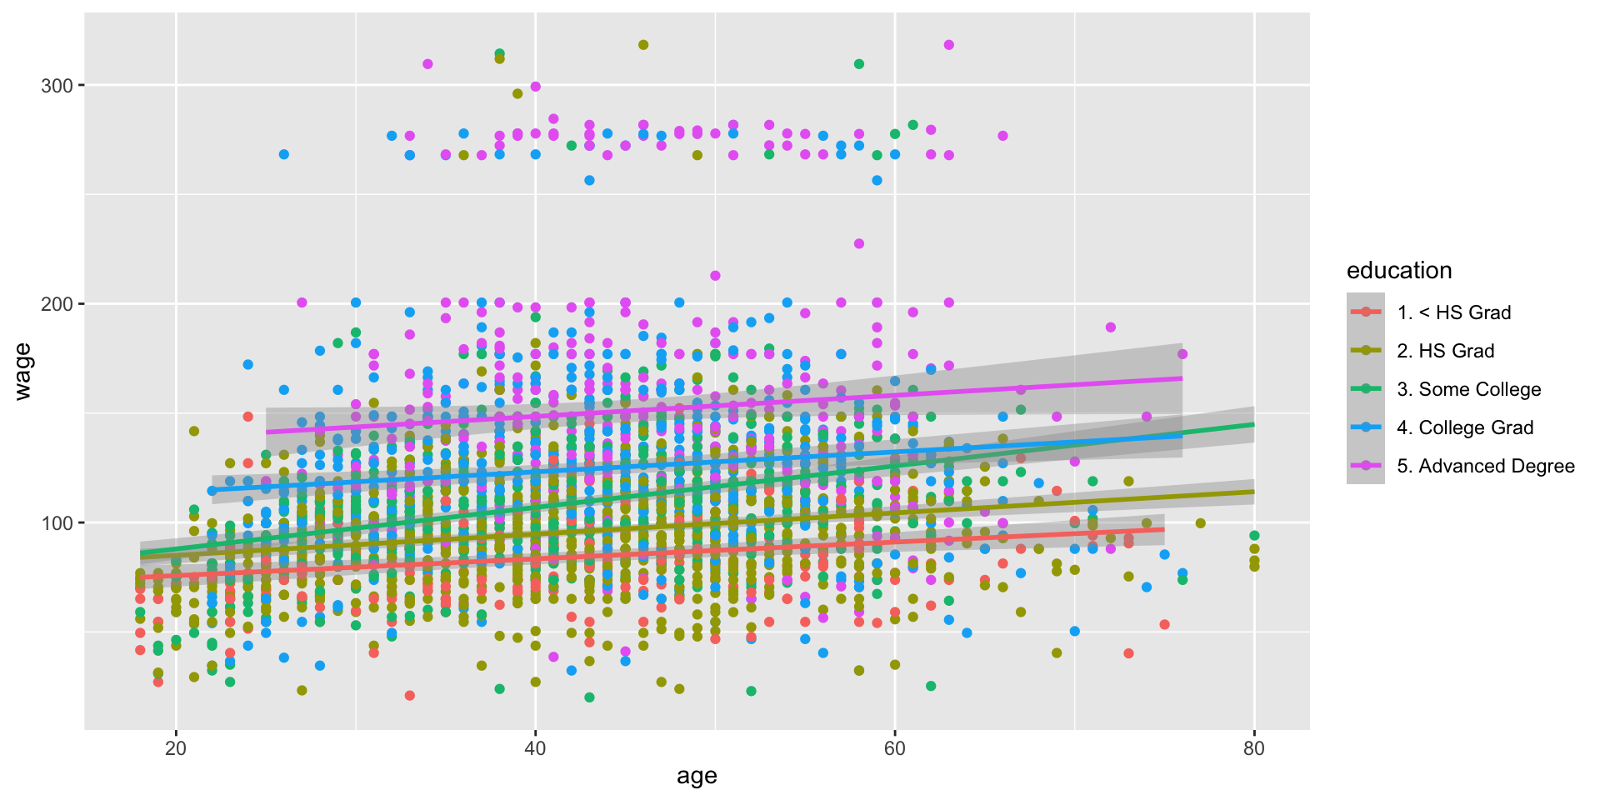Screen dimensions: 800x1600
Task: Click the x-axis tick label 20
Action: click(176, 748)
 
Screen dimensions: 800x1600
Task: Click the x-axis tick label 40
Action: click(535, 748)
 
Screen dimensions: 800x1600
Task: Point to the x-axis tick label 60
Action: click(894, 748)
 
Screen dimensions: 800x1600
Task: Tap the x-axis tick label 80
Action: click(1253, 748)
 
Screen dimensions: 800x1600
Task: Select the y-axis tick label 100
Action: click(57, 523)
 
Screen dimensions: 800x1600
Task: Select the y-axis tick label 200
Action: click(57, 304)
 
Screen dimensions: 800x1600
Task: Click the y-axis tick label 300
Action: click(57, 86)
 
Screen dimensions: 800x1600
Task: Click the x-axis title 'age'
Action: click(697, 777)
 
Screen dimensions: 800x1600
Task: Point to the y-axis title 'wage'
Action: click(23, 372)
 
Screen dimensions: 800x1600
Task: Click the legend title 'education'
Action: click(1399, 271)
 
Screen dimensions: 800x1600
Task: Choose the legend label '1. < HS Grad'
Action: click(1454, 312)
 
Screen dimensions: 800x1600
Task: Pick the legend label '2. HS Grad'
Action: click(1446, 351)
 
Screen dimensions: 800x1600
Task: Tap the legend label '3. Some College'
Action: click(1469, 389)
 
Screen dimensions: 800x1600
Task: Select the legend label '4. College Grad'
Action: click(1465, 427)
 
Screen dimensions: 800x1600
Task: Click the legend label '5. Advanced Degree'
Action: click(1486, 466)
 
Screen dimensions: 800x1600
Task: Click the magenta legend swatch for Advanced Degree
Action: click(1366, 466)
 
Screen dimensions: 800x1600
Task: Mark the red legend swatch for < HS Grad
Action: click(1366, 312)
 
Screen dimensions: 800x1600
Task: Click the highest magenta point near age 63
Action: click(948, 45)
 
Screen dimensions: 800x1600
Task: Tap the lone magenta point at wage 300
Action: click(536, 87)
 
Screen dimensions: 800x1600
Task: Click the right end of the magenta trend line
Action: click(1181, 378)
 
